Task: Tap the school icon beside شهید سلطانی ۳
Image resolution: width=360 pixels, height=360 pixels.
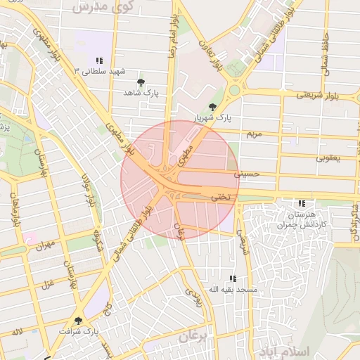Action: (99, 60)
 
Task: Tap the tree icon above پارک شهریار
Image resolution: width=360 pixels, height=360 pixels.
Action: (213, 106)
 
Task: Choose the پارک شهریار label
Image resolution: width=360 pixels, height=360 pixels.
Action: (213, 117)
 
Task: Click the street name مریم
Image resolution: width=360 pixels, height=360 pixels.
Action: (253, 133)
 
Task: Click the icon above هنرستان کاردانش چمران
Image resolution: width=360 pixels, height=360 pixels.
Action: (302, 202)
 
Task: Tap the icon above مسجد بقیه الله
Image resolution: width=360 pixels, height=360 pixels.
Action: (233, 278)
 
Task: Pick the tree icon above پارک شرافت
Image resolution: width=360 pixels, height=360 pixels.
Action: (78, 320)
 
